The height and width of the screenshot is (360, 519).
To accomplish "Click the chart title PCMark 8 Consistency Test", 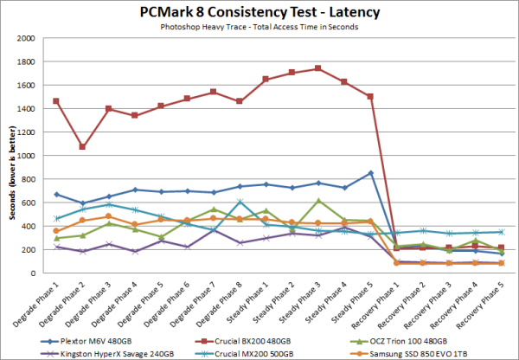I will tap(259, 12).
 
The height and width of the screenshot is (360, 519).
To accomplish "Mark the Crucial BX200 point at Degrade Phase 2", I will tap(83, 147).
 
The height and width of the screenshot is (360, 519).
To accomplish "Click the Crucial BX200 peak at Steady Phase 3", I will tap(319, 68).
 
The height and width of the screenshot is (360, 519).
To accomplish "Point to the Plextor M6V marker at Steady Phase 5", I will tap(370, 173).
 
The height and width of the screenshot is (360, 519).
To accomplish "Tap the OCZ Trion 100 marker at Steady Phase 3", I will tap(319, 201).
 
